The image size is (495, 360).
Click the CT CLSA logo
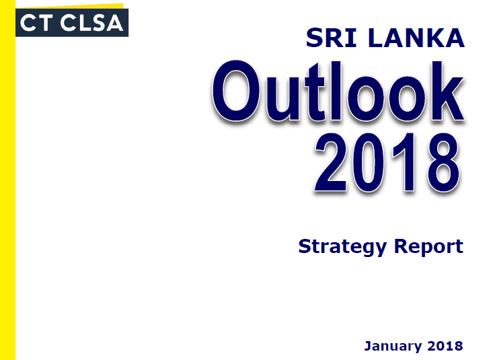72,23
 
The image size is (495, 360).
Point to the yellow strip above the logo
69,6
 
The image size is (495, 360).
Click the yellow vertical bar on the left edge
7,180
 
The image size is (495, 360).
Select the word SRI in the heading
331,38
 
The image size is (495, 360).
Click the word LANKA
416,38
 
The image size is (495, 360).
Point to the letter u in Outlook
282,99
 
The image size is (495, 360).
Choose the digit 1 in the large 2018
405,162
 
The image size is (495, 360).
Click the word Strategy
342,247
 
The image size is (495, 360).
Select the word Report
428,247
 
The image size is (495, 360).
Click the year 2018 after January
445,346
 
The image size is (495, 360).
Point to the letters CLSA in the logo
91,23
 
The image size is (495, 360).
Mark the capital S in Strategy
305,246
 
